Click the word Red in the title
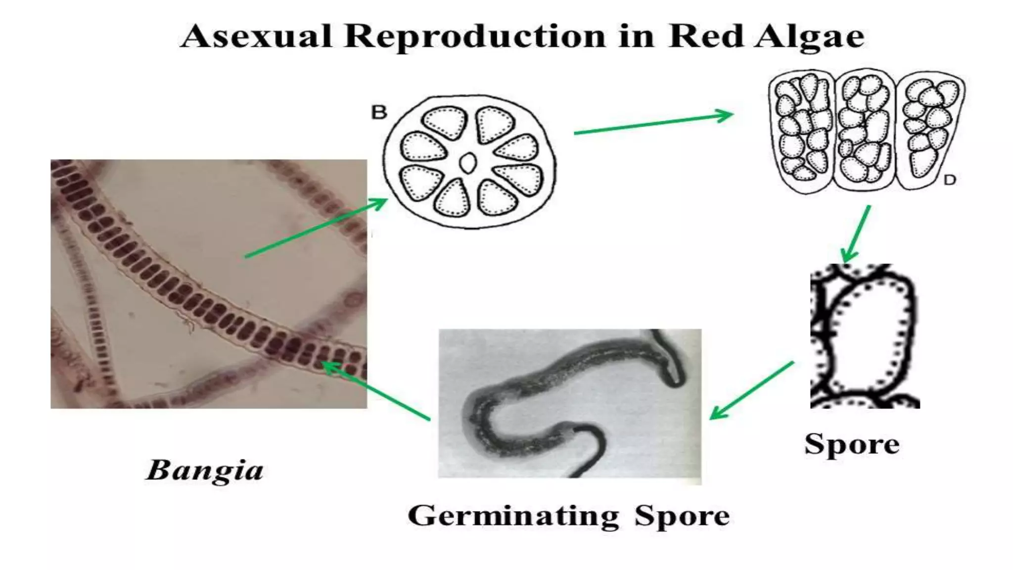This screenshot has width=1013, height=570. [706, 36]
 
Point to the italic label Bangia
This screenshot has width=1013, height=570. [204, 471]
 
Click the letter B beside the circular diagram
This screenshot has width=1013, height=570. [379, 113]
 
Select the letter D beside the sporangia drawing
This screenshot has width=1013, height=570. [949, 180]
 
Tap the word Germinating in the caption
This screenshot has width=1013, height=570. [513, 516]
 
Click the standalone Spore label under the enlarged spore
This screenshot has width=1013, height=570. [852, 444]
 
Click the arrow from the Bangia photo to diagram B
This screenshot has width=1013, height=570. [317, 228]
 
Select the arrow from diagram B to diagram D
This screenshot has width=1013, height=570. [653, 124]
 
